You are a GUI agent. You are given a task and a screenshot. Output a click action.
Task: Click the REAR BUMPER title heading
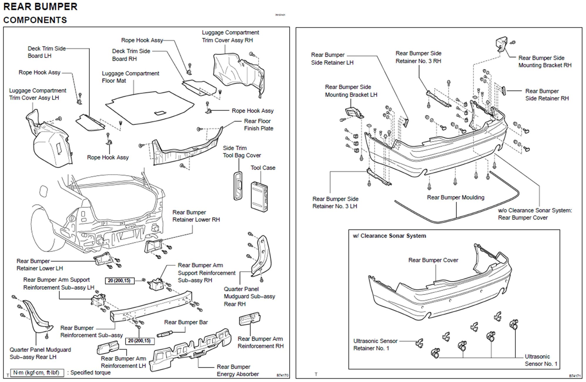coord(40,7)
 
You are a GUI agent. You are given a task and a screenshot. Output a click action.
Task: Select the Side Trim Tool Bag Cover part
coord(238,186)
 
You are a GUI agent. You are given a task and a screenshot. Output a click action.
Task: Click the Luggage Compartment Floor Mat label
coord(130,77)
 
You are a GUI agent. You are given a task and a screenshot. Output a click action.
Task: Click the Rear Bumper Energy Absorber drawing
coord(191,350)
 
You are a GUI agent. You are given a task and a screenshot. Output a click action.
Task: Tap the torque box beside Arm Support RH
coord(119,281)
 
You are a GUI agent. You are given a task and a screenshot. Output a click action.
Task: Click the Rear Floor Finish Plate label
coord(258,125)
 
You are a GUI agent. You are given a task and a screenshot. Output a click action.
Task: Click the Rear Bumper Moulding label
coord(455,197)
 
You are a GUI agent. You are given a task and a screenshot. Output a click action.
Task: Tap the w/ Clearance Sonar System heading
coord(389,236)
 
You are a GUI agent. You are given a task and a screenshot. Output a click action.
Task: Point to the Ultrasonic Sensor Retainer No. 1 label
coord(375,345)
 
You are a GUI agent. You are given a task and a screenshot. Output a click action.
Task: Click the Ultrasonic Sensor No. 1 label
coord(541,360)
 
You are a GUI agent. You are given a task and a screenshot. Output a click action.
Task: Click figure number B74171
coord(575,376)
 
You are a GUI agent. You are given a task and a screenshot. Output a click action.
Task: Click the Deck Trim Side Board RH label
coord(131,55)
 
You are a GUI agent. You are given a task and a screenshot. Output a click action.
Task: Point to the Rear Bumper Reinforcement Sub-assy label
coord(91,331)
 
